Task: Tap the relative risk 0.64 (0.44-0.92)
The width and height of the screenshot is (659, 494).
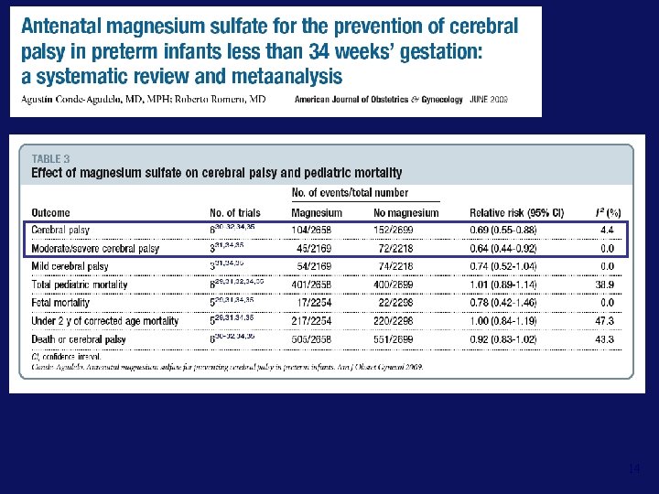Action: click(x=502, y=248)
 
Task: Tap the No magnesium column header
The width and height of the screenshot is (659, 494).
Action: click(x=406, y=212)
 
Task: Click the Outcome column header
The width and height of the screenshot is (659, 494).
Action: click(x=52, y=212)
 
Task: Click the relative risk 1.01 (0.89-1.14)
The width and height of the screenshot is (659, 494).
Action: click(x=502, y=285)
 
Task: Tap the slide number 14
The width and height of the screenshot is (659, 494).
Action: click(x=634, y=469)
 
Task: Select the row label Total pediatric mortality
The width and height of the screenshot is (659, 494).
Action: click(x=80, y=285)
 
